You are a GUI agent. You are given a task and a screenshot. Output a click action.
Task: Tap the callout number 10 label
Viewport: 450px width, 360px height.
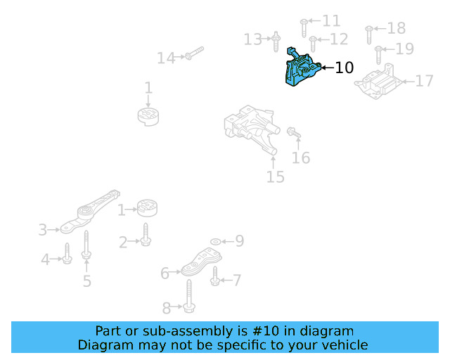(344, 68)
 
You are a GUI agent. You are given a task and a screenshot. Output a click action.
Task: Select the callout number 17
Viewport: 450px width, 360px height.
(424, 82)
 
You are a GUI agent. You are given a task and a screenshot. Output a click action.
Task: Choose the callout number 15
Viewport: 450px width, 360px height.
(276, 176)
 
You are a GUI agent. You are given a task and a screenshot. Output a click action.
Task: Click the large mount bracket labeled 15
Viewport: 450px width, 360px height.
(250, 129)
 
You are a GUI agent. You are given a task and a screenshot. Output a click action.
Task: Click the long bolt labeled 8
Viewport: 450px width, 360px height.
(190, 296)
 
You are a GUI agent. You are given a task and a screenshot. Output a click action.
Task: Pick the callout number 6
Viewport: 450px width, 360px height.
(165, 273)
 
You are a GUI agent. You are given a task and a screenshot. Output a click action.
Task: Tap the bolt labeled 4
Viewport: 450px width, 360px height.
(67, 254)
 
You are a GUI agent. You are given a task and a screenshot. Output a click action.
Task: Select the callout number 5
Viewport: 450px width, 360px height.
(86, 281)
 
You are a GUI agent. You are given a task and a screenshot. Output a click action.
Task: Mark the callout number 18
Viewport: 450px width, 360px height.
(397, 28)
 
